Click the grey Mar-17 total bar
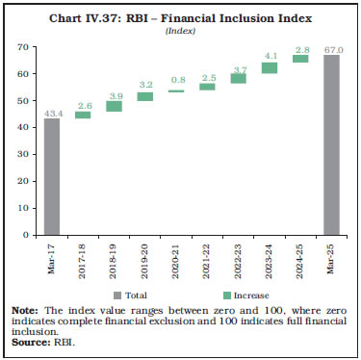click(52, 176)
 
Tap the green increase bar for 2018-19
click(114, 106)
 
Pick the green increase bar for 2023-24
click(270, 68)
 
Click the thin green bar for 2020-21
click(176, 91)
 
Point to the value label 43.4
click(52, 111)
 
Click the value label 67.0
click(332, 48)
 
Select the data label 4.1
click(270, 55)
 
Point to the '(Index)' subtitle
click(180, 31)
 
